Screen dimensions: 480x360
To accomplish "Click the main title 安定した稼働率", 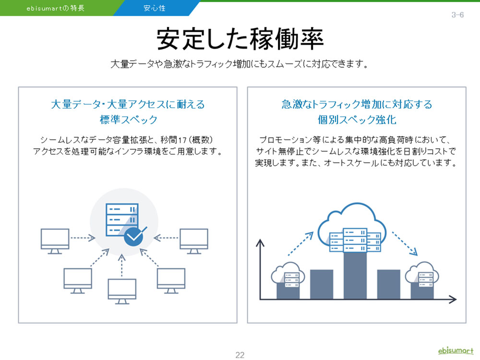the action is [240, 39].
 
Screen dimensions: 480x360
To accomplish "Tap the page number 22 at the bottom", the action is [240, 355].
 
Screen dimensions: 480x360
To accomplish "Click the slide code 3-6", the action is [457, 15].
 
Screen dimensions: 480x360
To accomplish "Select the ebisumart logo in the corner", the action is [456, 350].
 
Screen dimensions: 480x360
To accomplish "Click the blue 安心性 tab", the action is [155, 8].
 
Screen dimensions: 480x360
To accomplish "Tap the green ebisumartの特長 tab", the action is [56, 8].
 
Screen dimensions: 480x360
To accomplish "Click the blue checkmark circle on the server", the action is [133, 236].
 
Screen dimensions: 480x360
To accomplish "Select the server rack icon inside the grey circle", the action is [122, 220].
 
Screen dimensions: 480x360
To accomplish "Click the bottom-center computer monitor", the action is [122, 291].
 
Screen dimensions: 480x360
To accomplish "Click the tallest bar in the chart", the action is [355, 276].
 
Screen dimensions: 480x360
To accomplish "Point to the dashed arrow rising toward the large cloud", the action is [300, 244].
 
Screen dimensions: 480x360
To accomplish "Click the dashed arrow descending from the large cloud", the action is [405, 244].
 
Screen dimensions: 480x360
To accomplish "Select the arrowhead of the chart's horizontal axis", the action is [453, 299].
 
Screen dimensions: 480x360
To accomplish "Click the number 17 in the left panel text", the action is [182, 140].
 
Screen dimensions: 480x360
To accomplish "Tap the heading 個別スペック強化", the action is [357, 120].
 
